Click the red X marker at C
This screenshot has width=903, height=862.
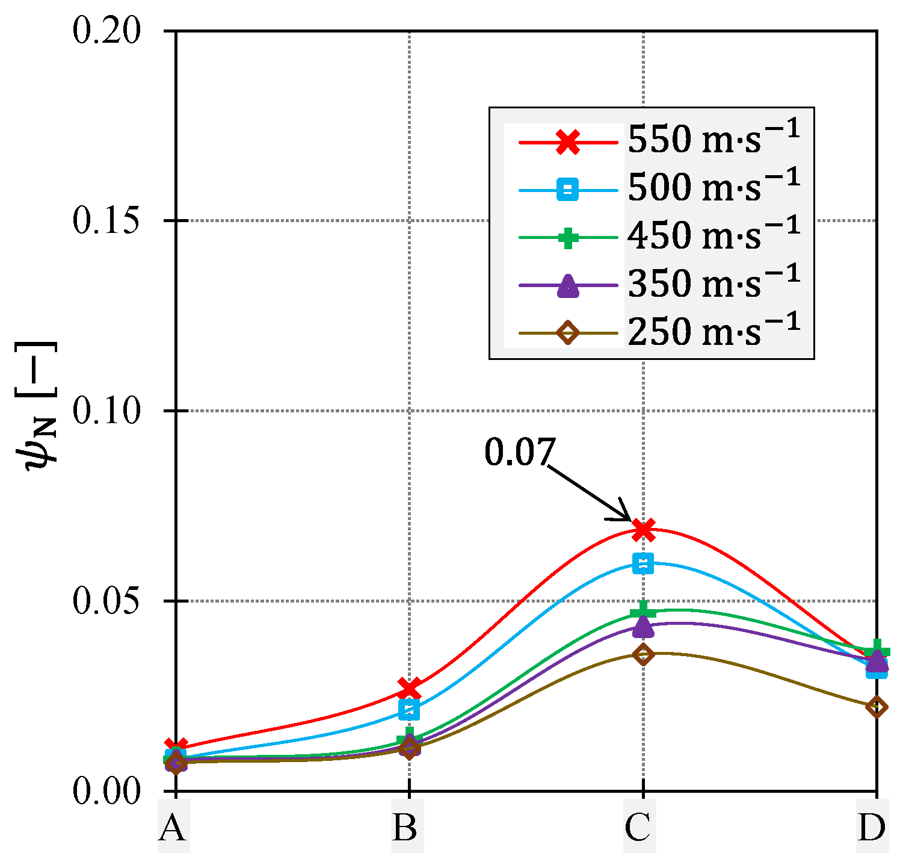click(x=643, y=530)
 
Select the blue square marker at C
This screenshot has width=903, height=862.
click(x=643, y=563)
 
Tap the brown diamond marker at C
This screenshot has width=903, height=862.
click(x=643, y=654)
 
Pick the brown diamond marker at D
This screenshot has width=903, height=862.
click(x=877, y=707)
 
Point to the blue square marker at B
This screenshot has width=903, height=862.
click(x=410, y=710)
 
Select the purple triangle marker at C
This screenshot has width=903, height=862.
click(x=643, y=627)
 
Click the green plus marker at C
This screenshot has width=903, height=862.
click(x=643, y=610)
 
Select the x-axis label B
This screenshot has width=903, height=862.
click(x=407, y=829)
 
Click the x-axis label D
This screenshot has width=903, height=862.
click(x=873, y=829)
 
